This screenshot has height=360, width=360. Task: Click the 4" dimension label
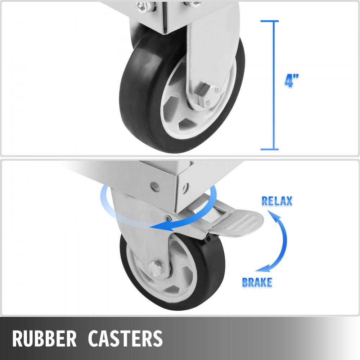pyautogui.click(x=292, y=81)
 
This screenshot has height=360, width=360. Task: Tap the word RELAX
pyautogui.click(x=277, y=201)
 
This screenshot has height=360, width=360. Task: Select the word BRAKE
pyautogui.click(x=257, y=282)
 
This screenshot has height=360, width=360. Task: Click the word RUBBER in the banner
pyautogui.click(x=44, y=338)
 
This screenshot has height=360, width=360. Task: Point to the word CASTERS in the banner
pyautogui.click(x=125, y=338)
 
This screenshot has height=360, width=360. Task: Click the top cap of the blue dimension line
pyautogui.click(x=270, y=21)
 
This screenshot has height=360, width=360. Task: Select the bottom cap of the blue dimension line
pyautogui.click(x=270, y=149)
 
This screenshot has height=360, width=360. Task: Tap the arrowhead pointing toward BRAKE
pyautogui.click(x=263, y=269)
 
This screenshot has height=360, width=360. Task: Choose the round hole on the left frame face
pyautogui.click(x=155, y=187)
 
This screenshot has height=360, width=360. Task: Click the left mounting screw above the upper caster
pyautogui.click(x=141, y=7)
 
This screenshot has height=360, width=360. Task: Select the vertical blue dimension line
pyautogui.click(x=274, y=85)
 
